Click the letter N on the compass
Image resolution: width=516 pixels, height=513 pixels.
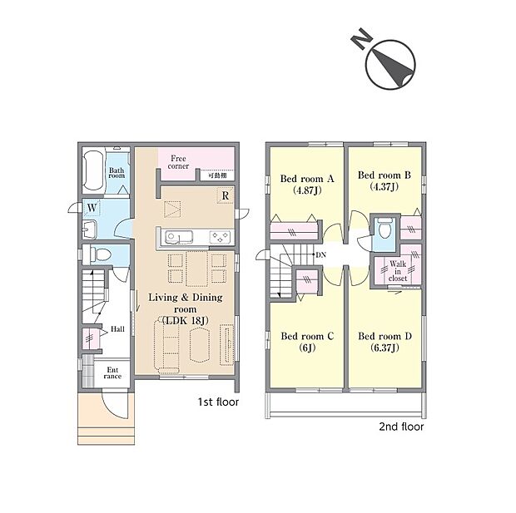(361, 38)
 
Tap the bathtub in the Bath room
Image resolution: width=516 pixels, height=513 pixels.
(93, 171)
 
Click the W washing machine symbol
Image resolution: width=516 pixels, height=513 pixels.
(92, 208)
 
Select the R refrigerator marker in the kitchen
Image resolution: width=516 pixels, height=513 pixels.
(226, 195)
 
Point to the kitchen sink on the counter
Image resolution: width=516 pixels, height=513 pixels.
(179, 236)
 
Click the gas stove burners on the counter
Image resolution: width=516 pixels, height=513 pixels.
(221, 237)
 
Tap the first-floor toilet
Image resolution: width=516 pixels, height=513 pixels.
(98, 254)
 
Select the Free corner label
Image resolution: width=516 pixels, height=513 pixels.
(178, 162)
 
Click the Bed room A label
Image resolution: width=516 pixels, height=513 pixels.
(307, 179)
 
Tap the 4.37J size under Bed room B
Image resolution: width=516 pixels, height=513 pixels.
(384, 187)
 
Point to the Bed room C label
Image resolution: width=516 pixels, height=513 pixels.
(307, 336)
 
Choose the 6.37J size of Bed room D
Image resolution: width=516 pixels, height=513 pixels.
(385, 348)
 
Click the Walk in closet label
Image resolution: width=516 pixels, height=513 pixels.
(398, 271)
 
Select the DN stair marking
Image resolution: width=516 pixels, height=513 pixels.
(321, 254)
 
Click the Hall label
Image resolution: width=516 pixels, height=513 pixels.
(117, 329)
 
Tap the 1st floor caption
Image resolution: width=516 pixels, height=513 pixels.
(218, 402)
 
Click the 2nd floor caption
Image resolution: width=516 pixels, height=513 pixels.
(401, 427)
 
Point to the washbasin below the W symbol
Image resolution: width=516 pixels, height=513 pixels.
(90, 229)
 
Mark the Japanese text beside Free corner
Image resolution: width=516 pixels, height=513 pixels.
(217, 175)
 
